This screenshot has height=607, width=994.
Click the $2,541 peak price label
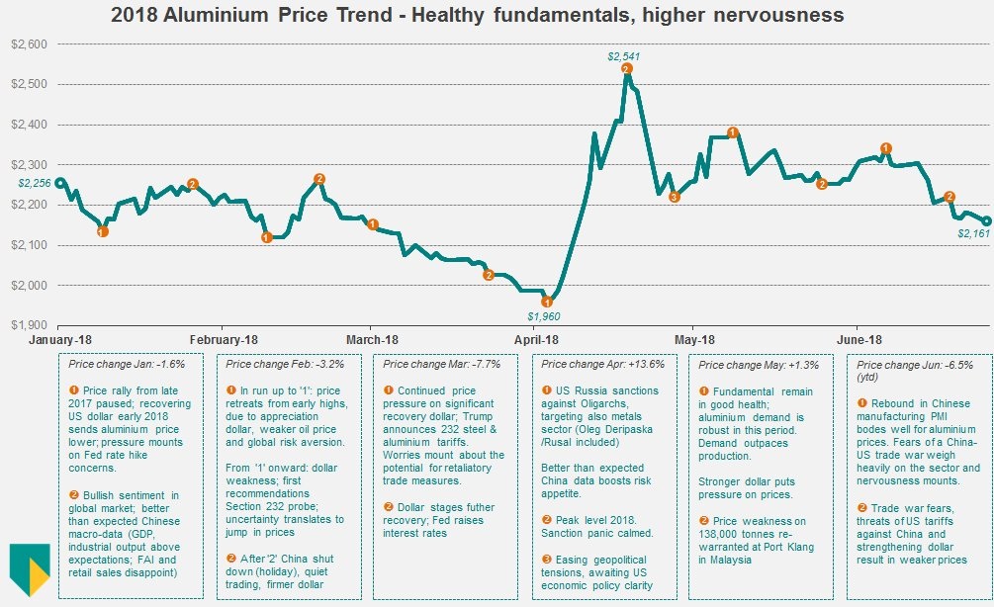pyautogui.click(x=625, y=55)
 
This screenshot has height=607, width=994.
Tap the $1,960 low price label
pyautogui.click(x=544, y=316)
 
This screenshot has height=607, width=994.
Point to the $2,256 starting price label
pyautogui.click(x=34, y=182)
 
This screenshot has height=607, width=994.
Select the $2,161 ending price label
pyautogui.click(x=973, y=233)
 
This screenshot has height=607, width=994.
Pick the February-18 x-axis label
pyautogui.click(x=222, y=339)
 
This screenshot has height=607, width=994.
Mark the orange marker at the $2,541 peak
pyautogui.click(x=626, y=68)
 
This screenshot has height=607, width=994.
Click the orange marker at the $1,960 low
pyautogui.click(x=547, y=301)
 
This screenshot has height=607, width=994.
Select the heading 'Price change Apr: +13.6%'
pyautogui.click(x=601, y=364)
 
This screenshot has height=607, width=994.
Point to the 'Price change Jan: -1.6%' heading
pyautogui.click(x=121, y=364)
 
